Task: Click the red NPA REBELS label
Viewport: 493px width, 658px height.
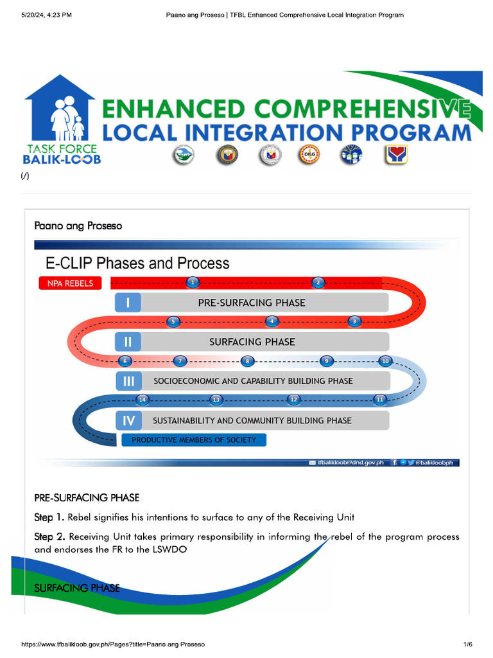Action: pos(70,283)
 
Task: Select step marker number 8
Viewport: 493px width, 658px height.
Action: pos(247,361)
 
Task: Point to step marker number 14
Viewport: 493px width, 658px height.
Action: pos(143,400)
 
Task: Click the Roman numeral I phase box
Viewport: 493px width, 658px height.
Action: pos(128,303)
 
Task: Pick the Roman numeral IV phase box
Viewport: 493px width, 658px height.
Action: pos(128,421)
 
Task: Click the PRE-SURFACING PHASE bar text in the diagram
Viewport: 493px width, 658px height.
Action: pos(252,303)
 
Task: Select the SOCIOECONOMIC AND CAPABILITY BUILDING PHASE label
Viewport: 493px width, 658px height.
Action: pos(253,381)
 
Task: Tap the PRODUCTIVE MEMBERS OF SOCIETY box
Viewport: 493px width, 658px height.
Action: pos(194,440)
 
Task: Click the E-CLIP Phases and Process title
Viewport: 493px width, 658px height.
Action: pos(137,263)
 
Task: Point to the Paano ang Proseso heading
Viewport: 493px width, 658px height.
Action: pos(78,226)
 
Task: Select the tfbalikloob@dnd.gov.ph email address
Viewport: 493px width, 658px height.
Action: pos(350,462)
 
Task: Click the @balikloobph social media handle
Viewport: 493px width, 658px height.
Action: pos(437,462)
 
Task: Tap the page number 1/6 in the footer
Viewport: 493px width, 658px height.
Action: pos(467,644)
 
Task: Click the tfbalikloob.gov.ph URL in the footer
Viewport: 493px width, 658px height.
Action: pos(113,644)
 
